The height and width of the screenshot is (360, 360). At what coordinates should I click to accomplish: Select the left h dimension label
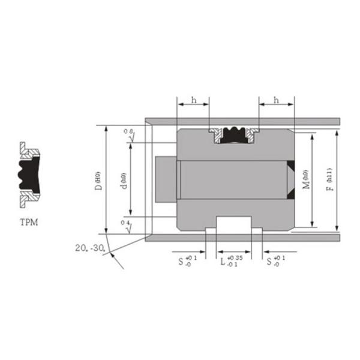[193, 100]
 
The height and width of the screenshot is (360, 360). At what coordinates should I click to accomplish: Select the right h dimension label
[275, 100]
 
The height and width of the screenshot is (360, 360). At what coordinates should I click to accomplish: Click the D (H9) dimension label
[98, 181]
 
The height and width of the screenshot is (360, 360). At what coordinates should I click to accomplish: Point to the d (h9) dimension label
[123, 181]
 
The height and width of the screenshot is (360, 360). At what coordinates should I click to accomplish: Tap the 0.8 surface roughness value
[127, 131]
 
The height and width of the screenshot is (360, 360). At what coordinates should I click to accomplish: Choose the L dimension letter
[223, 262]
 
